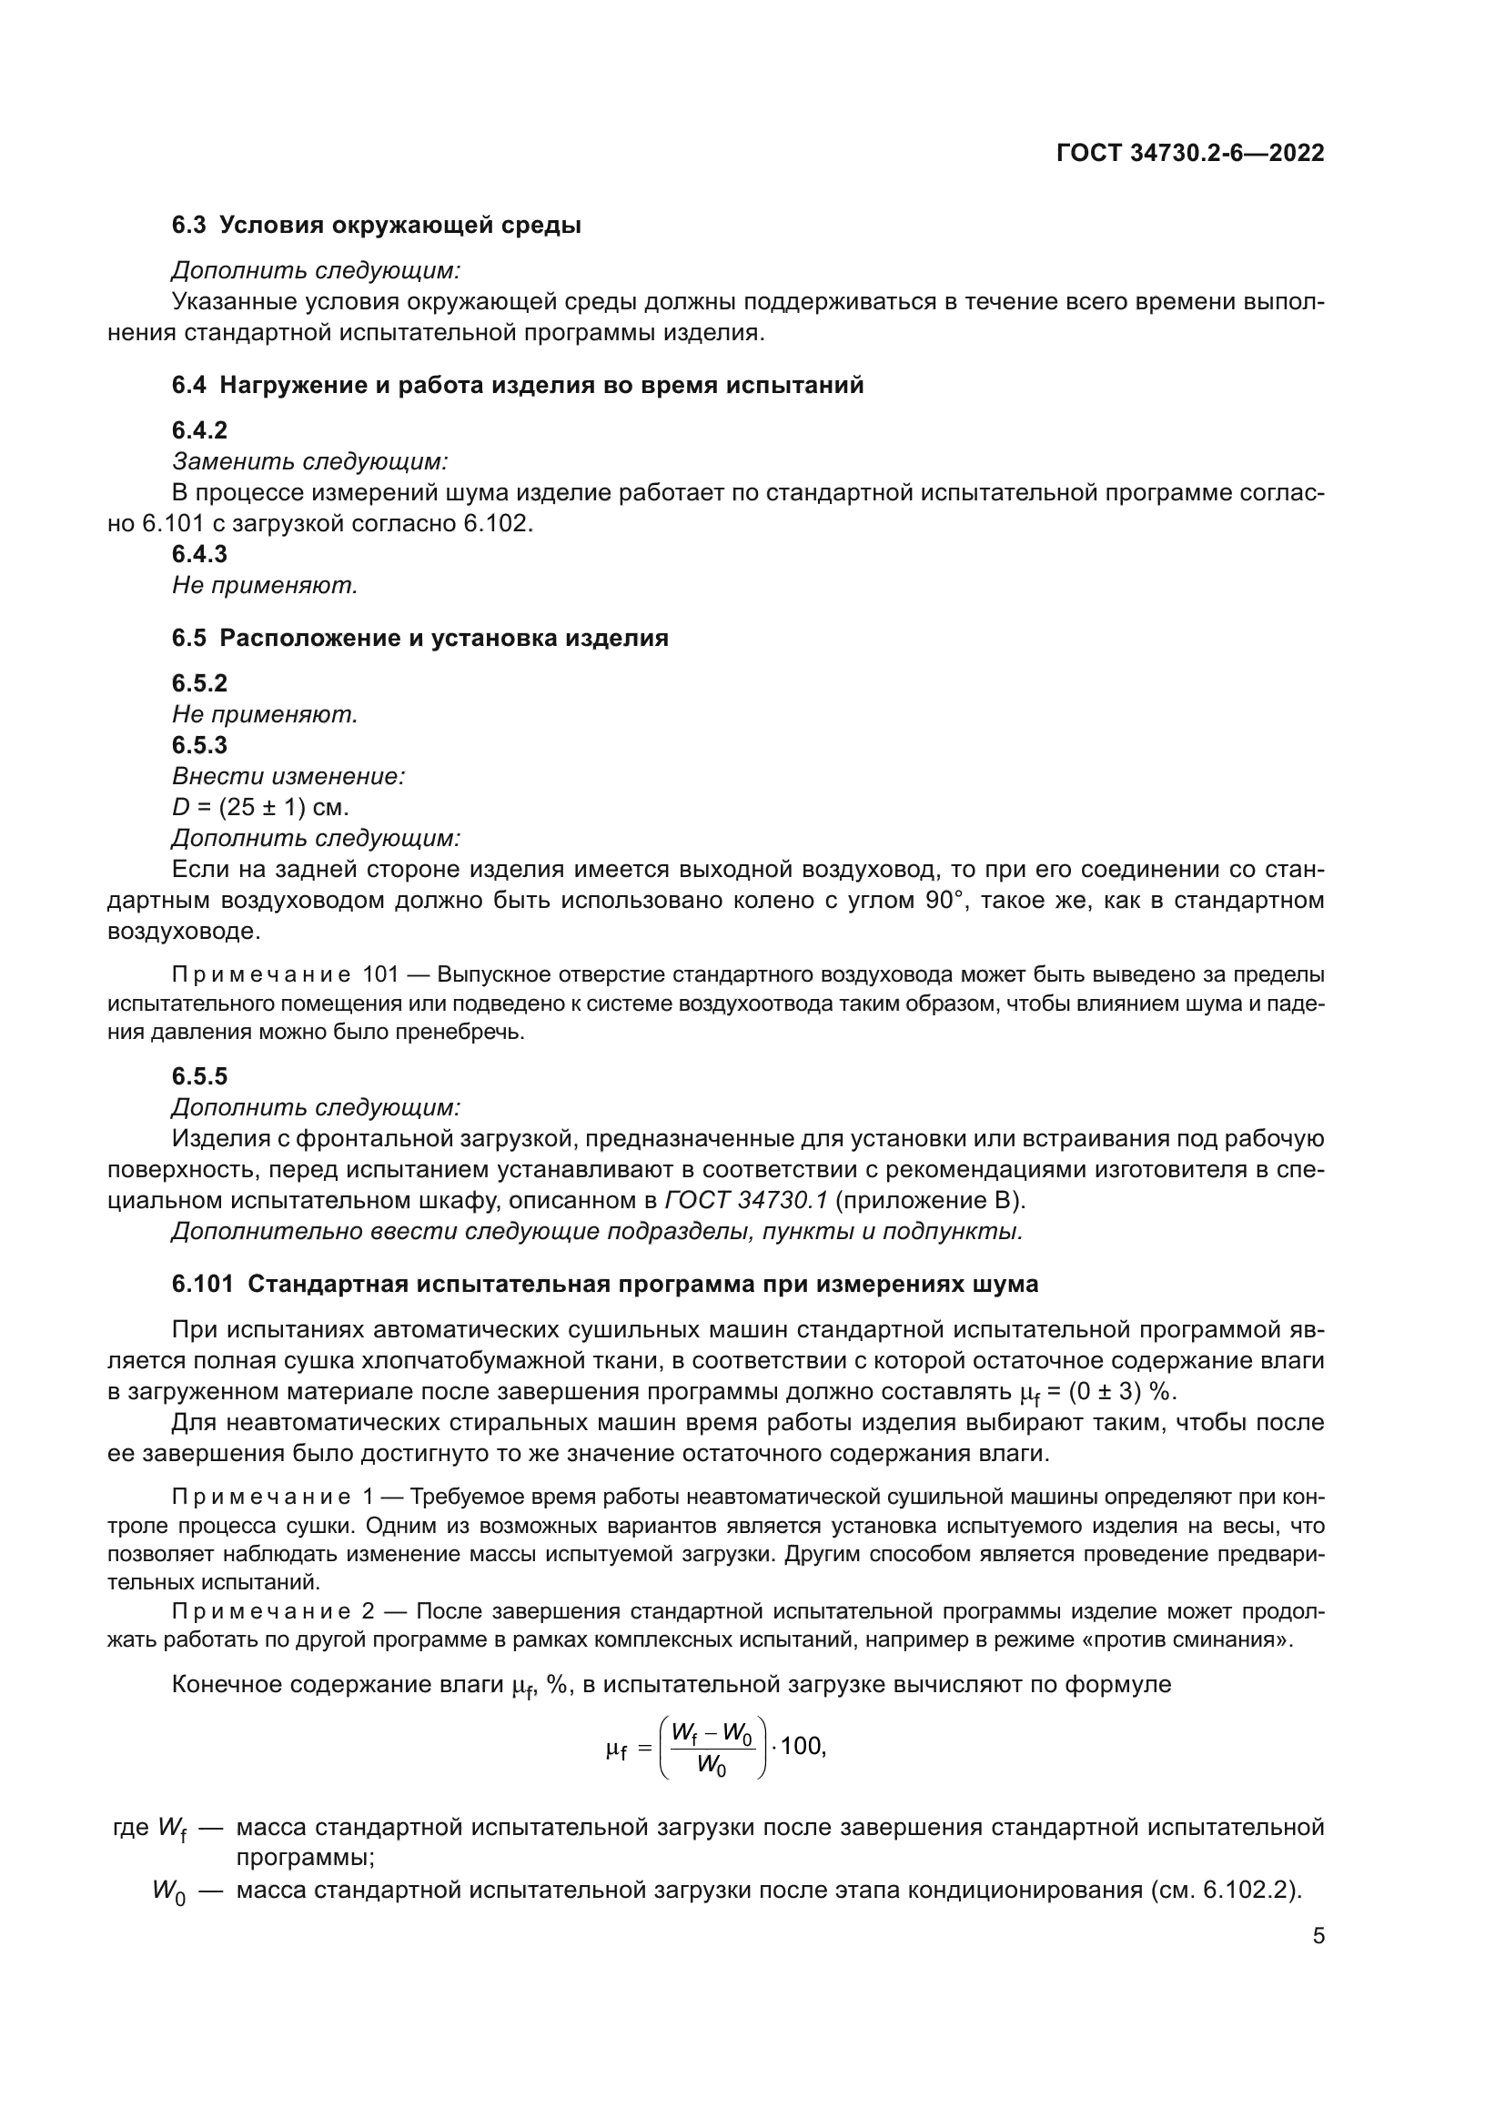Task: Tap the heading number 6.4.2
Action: pos(199,430)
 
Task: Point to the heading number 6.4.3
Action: pos(199,554)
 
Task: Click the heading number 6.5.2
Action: pos(199,683)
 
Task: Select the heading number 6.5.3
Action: pos(199,745)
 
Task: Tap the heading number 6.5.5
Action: pos(199,1076)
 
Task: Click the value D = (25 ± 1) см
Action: pos(260,807)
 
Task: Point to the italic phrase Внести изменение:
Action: pos(288,776)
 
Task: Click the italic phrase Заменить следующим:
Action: pos(309,460)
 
